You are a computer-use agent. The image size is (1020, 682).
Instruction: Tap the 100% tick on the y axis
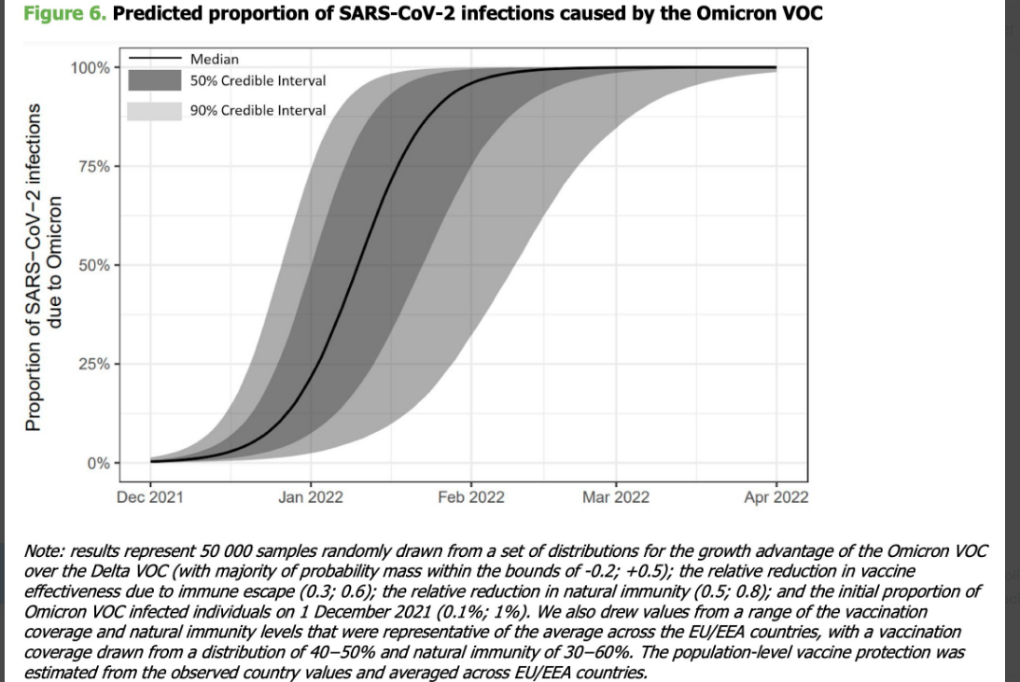(x=90, y=67)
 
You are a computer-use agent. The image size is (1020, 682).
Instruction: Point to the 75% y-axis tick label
(x=93, y=166)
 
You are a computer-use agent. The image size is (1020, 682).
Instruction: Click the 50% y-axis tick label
(x=93, y=265)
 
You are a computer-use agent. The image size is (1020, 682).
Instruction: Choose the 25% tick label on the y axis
(x=93, y=364)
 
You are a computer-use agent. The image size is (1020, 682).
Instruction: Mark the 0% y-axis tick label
(x=97, y=463)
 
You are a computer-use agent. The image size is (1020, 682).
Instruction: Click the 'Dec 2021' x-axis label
(x=149, y=497)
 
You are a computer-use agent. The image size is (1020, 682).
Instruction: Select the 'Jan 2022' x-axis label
(x=310, y=497)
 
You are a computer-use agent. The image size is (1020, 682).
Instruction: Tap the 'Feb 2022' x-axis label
(x=470, y=497)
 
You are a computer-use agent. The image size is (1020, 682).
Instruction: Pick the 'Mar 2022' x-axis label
(x=615, y=497)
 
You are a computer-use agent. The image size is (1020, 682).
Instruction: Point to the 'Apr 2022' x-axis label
(x=775, y=497)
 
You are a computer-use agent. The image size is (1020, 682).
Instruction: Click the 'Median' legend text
(x=215, y=59)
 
